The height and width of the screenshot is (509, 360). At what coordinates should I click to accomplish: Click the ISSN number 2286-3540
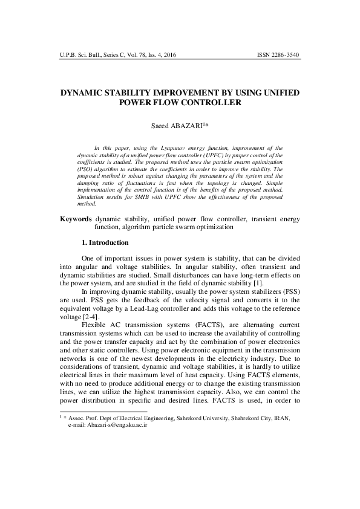click(x=284, y=55)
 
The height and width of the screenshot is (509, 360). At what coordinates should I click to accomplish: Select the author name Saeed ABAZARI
click(x=178, y=126)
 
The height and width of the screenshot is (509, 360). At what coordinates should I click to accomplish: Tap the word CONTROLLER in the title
click(x=211, y=103)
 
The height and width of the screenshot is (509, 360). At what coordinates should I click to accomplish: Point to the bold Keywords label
click(x=76, y=218)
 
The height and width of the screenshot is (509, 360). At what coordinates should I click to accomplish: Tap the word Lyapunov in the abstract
click(x=177, y=148)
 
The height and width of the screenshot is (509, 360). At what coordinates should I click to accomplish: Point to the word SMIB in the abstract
click(x=148, y=197)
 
